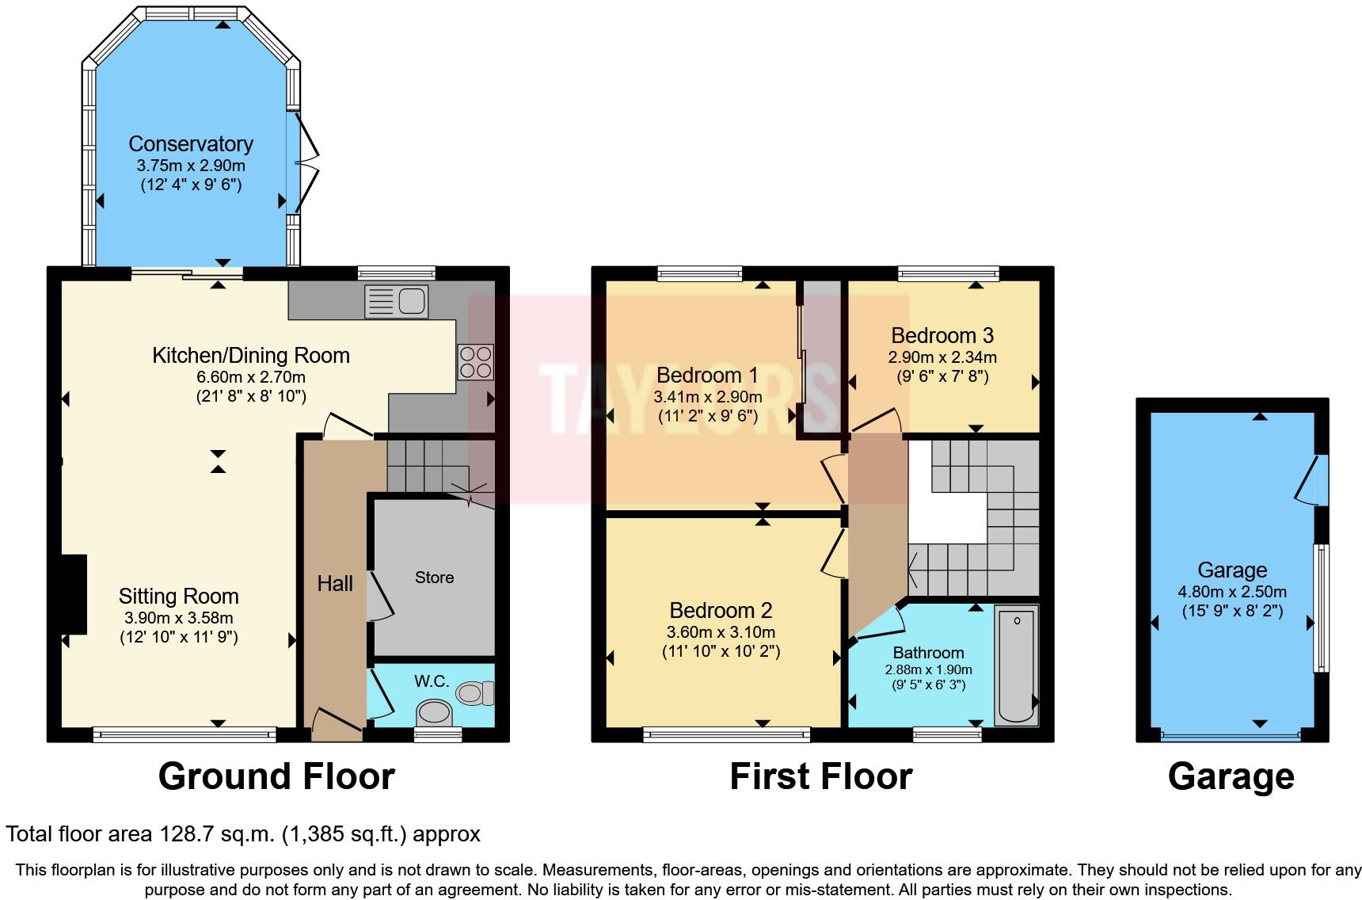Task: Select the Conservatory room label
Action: (191, 144)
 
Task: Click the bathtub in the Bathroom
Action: (1016, 665)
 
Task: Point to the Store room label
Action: (434, 578)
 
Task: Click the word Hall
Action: (335, 584)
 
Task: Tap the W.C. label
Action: (432, 681)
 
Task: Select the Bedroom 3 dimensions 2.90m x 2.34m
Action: (942, 357)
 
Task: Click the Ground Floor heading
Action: (276, 776)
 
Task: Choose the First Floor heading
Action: (820, 776)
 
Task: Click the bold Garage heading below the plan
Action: (1231, 776)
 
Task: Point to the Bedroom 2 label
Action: (721, 610)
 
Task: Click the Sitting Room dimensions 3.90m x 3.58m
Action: (179, 618)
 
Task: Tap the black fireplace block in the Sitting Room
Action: (74, 593)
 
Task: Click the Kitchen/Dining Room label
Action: (251, 356)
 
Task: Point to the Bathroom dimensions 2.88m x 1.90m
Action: (928, 669)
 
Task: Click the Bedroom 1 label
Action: (707, 375)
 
